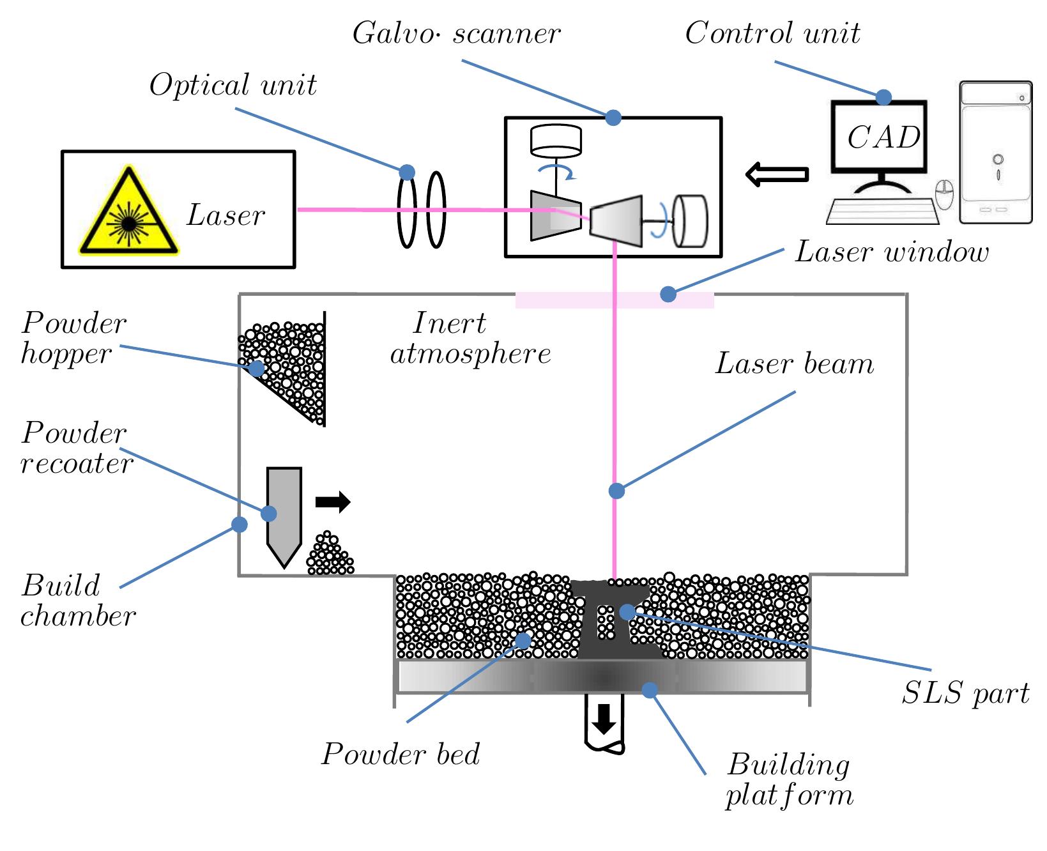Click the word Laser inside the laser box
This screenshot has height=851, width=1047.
225,216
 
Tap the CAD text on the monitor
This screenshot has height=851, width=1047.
883,137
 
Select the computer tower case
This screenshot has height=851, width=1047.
995,153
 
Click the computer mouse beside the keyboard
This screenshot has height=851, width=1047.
945,195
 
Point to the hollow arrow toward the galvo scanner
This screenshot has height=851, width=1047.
777,174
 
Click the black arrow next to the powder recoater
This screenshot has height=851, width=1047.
333,502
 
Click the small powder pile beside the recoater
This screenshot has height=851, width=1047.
329,555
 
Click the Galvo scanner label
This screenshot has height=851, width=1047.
456,33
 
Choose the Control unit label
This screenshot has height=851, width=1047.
772,33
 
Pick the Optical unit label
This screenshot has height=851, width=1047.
233,86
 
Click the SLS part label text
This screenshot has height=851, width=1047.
965,693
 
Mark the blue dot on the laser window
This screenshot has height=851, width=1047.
668,294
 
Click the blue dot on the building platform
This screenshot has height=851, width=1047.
650,690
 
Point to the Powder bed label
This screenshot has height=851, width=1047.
401,755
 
